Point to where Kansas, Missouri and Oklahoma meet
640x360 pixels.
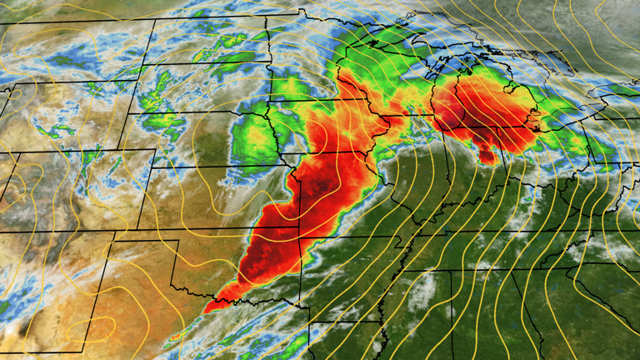(297, 228)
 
